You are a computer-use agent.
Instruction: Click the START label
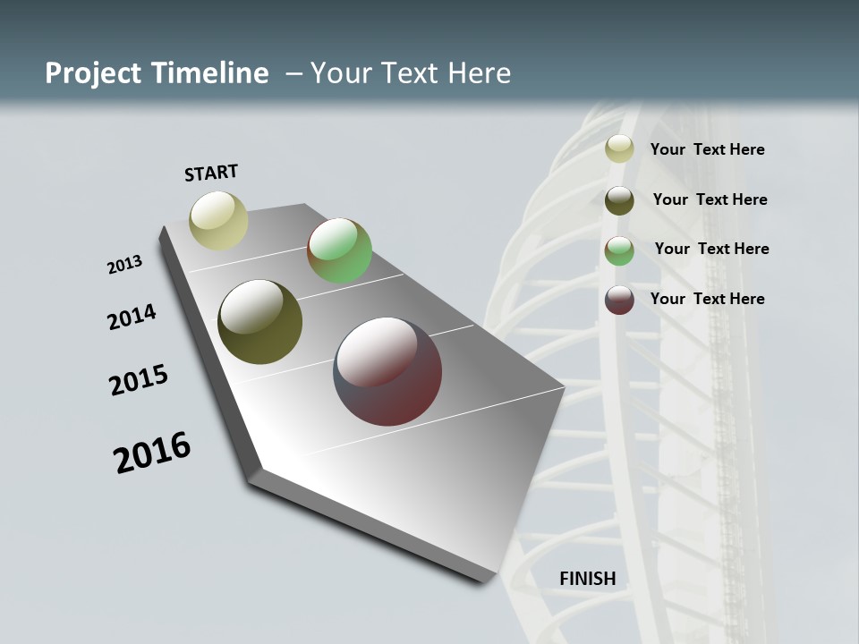[211, 173]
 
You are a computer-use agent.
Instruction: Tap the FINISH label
[587, 579]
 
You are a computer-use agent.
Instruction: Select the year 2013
[124, 264]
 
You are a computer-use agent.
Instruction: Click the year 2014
[132, 317]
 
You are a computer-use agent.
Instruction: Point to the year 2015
[139, 380]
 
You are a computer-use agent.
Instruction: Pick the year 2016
[152, 452]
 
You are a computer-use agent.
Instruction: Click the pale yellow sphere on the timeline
[219, 220]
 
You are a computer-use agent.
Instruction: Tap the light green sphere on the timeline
[340, 250]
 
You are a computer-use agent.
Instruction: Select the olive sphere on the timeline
[260, 322]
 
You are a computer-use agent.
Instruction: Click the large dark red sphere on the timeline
[387, 371]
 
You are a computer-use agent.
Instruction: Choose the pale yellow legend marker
[619, 149]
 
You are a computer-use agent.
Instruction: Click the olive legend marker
[619, 200]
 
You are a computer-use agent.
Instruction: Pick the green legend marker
[619, 250]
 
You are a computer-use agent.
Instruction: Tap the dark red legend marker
[619, 300]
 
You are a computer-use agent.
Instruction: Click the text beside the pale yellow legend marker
[707, 149]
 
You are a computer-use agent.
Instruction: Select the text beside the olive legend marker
[710, 199]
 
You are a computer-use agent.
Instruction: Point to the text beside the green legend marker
[711, 249]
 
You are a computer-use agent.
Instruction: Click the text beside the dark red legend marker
[707, 299]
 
